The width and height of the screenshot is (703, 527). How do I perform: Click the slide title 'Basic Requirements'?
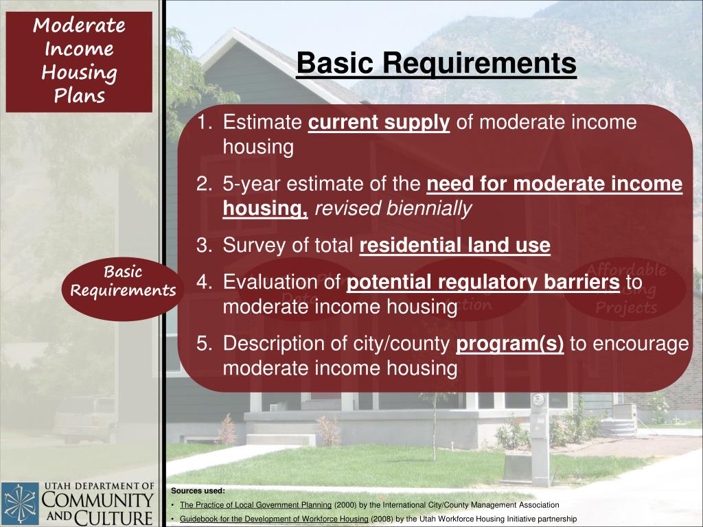click(x=436, y=64)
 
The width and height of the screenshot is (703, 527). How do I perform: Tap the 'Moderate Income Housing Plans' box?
click(x=79, y=61)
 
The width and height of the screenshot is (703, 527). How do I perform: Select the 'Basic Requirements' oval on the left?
click(x=123, y=281)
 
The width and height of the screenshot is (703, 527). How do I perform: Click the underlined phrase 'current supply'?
click(x=379, y=123)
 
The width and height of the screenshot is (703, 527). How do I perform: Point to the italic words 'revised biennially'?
click(x=393, y=209)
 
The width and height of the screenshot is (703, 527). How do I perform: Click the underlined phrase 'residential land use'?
click(x=454, y=246)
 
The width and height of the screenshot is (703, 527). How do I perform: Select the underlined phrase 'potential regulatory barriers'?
click(x=483, y=283)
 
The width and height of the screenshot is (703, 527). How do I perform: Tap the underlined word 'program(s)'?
click(x=510, y=344)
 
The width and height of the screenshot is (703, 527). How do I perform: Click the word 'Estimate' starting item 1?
click(x=263, y=123)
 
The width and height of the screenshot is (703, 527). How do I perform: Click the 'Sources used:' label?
click(x=198, y=491)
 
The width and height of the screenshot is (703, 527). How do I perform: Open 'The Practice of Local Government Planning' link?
click(x=255, y=505)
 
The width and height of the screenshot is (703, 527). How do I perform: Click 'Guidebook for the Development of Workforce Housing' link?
click(x=274, y=519)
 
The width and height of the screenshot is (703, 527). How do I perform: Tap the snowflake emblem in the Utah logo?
click(x=20, y=504)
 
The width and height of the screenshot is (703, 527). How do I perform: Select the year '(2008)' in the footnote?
click(x=382, y=519)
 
